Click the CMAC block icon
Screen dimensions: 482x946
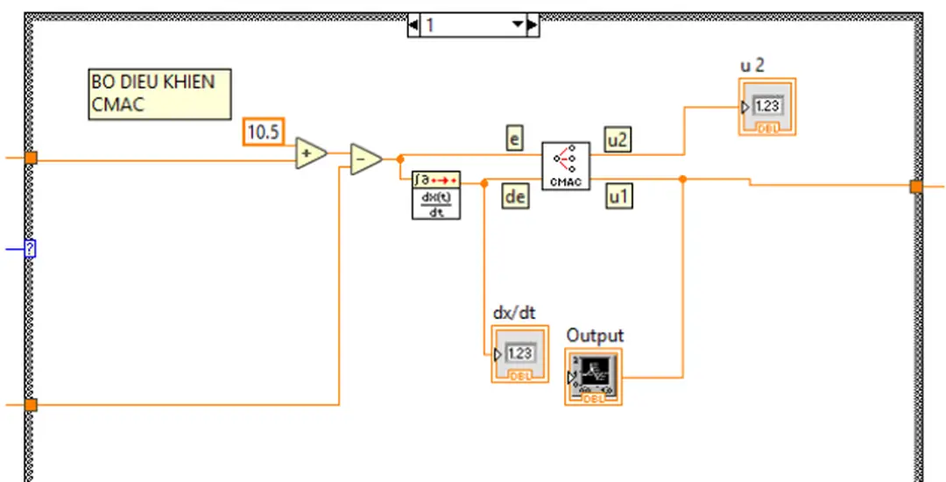click(x=565, y=166)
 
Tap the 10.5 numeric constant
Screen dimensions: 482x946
click(x=264, y=131)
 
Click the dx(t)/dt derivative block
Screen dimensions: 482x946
click(x=435, y=195)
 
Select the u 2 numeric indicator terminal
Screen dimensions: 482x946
click(x=766, y=107)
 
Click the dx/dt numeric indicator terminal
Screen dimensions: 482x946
click(x=519, y=354)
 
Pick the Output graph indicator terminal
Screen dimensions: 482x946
click(x=593, y=377)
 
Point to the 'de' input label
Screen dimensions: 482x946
click(x=515, y=197)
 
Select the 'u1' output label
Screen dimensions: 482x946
click(x=620, y=197)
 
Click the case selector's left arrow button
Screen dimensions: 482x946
click(x=413, y=25)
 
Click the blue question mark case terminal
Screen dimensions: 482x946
click(x=30, y=250)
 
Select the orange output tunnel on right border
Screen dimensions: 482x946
click(x=916, y=186)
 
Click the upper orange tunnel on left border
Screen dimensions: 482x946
click(x=31, y=158)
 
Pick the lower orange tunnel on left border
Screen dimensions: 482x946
click(x=31, y=405)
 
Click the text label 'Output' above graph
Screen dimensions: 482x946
click(x=595, y=336)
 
